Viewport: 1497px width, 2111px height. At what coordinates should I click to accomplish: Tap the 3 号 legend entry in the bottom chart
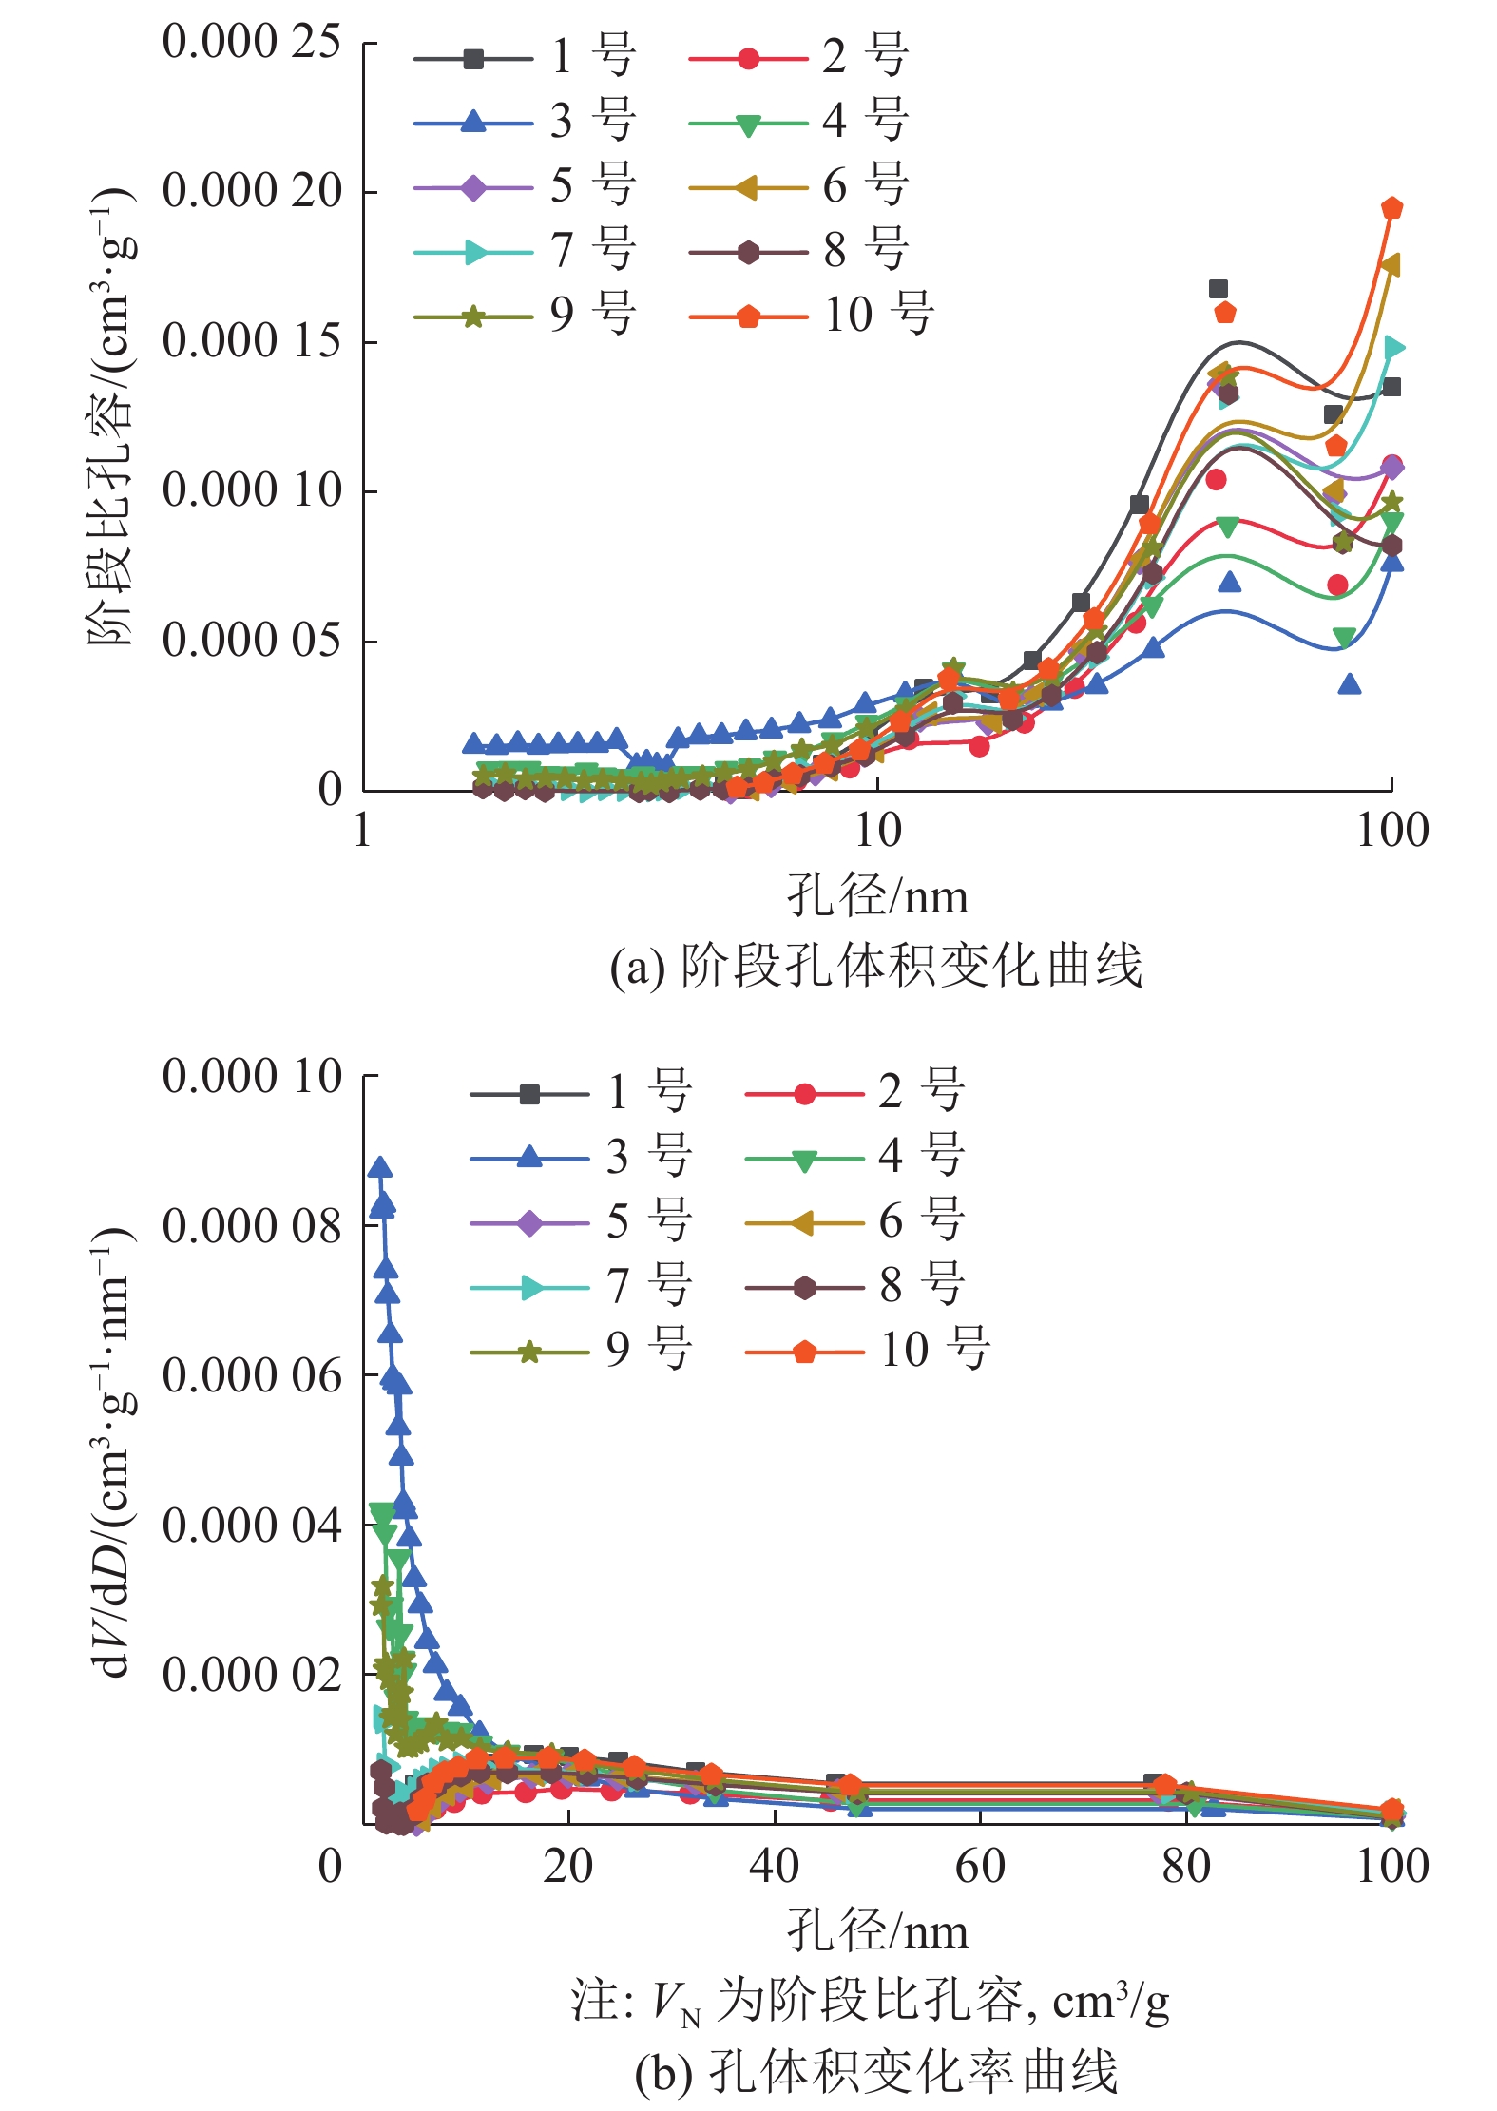click(x=581, y=1157)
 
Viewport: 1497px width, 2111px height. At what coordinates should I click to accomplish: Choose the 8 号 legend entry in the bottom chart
click(x=854, y=1286)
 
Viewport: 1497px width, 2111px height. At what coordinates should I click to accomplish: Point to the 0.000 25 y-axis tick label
click(x=252, y=43)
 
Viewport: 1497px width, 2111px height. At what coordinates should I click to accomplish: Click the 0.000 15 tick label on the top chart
click(x=252, y=341)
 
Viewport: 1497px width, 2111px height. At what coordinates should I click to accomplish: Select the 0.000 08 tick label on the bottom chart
click(x=252, y=1226)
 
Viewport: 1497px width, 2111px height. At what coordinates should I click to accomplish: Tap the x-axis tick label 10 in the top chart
click(x=877, y=831)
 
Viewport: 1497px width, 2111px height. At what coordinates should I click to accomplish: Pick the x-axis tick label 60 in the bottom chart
click(x=980, y=1866)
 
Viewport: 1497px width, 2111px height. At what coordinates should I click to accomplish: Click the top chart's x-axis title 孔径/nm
click(x=877, y=896)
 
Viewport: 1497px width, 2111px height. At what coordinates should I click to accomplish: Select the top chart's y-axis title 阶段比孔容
click(x=112, y=418)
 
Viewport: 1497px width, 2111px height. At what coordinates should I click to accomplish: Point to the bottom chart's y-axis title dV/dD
click(x=112, y=1454)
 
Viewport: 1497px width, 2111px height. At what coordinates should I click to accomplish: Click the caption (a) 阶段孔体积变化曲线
click(x=875, y=967)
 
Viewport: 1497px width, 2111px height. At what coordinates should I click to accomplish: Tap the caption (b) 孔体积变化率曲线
click(x=875, y=2072)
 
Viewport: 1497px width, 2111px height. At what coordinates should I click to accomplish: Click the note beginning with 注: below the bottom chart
click(x=870, y=2001)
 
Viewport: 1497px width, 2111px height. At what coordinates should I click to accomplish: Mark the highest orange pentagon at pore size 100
click(x=1392, y=208)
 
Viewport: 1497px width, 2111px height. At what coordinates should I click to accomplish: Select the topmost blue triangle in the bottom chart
click(x=380, y=1168)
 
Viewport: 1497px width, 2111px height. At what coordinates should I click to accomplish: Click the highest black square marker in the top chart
click(x=1219, y=289)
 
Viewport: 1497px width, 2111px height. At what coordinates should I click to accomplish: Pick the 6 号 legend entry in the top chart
click(x=799, y=185)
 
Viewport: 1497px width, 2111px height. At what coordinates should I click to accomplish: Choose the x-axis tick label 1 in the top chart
click(x=362, y=831)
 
